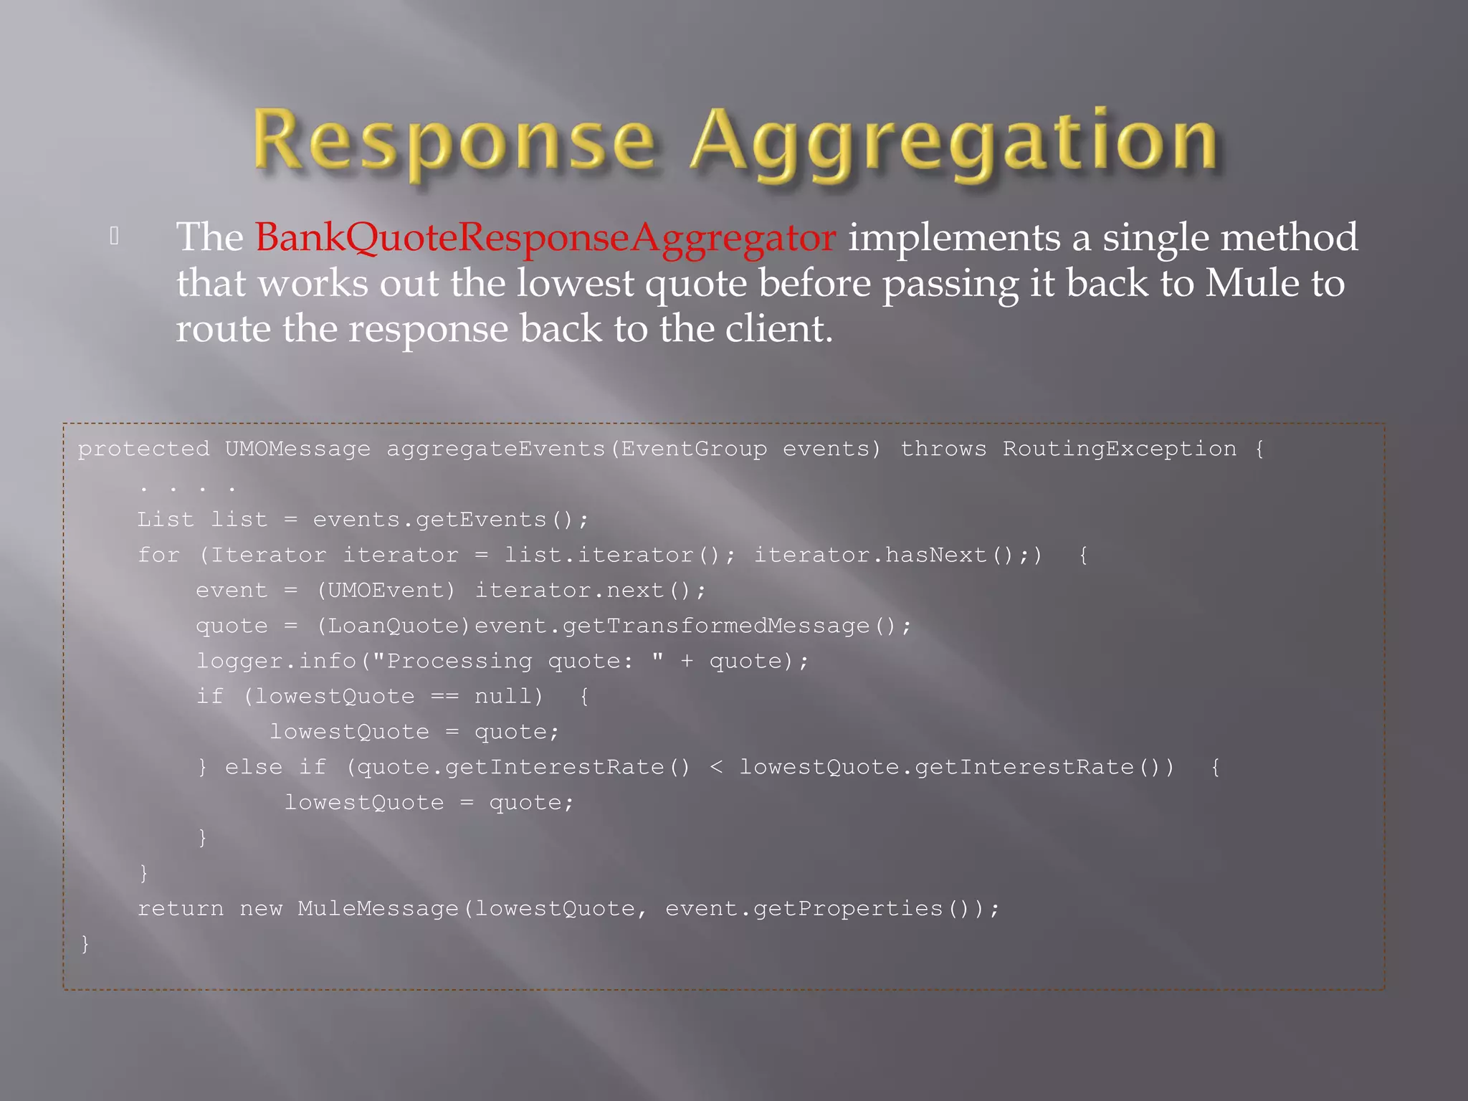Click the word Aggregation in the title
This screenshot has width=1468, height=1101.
pos(954,141)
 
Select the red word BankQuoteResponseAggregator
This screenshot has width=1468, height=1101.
pos(545,237)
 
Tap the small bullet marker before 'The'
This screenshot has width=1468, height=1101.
pos(114,236)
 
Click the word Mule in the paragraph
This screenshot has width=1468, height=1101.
pos(1252,283)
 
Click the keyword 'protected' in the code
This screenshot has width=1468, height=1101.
pos(143,449)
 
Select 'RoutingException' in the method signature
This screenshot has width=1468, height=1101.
pos(1119,449)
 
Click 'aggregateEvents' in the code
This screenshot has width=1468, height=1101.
pos(496,449)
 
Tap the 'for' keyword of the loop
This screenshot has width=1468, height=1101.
pos(158,556)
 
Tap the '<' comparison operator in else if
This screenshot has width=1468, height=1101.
pos(715,768)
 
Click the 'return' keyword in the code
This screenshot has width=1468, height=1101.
pos(180,909)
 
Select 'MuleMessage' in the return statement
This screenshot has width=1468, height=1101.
pos(378,909)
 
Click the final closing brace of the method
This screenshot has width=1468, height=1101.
pos(85,943)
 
